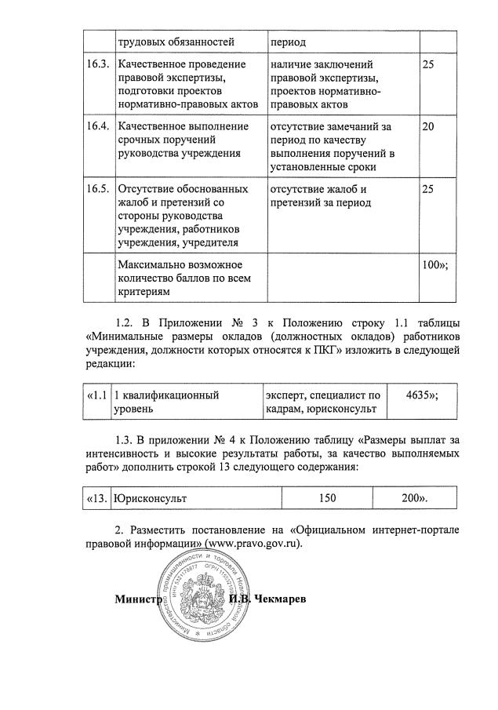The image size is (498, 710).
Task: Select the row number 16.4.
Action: (x=98, y=126)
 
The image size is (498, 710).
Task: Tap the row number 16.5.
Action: (x=98, y=189)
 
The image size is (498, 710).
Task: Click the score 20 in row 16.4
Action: (x=428, y=126)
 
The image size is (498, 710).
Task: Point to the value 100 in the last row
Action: (x=434, y=264)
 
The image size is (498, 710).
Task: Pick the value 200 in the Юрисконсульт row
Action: (x=414, y=497)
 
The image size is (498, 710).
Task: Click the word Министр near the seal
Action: (x=136, y=599)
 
